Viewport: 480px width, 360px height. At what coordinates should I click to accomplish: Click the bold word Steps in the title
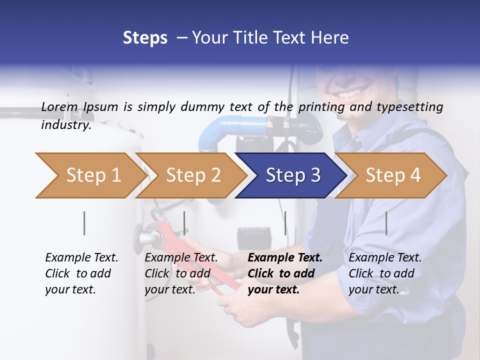tap(145, 38)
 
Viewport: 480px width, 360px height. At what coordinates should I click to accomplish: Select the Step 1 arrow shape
tap(90, 175)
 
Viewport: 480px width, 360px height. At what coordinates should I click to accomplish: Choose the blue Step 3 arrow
tap(292, 175)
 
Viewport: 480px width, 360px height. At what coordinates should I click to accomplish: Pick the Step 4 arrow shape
tap(392, 175)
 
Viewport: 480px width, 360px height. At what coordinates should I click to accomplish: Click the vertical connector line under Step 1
tap(84, 223)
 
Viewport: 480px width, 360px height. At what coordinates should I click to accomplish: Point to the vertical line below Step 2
tap(184, 223)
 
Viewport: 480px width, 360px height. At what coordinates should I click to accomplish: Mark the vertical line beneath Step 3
tap(285, 223)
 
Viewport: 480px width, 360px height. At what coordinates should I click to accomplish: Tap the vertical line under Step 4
tap(386, 223)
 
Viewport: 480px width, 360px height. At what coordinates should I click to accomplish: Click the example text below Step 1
tap(81, 273)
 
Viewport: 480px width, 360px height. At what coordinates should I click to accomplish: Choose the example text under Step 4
tap(385, 273)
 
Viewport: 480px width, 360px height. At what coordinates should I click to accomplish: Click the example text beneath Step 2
tap(181, 273)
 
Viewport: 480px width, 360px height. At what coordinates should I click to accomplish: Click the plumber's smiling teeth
tap(353, 93)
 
